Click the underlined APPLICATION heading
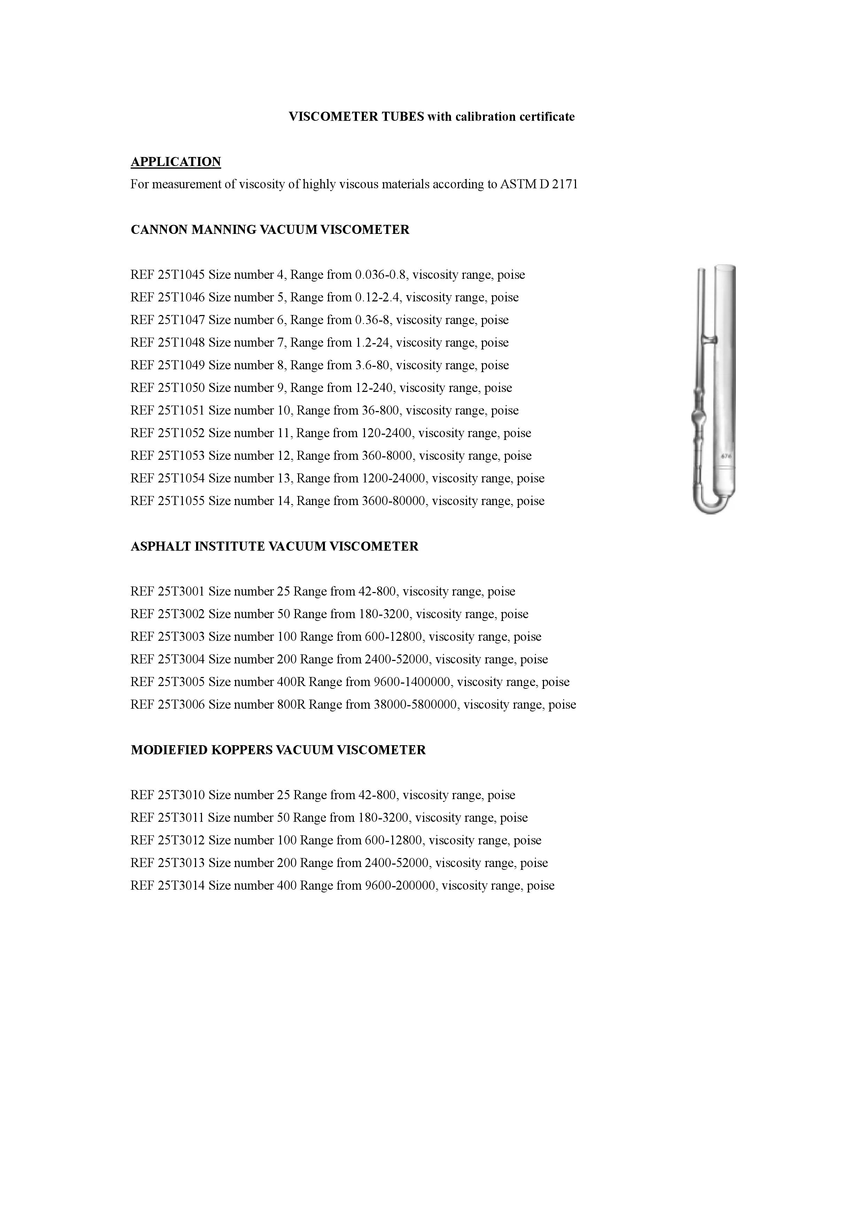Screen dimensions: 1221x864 (x=176, y=162)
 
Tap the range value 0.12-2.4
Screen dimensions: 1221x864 (x=377, y=297)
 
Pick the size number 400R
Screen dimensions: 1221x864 (x=291, y=682)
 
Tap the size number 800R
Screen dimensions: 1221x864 (x=291, y=704)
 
